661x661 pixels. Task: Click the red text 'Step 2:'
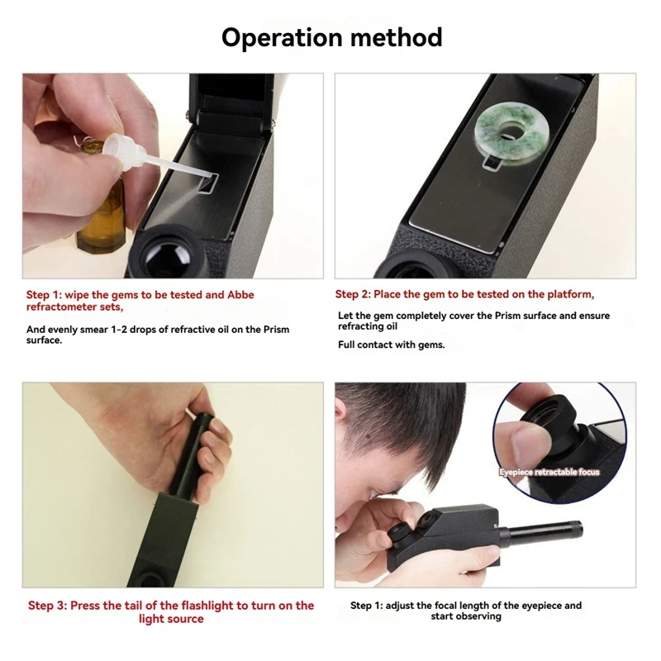pos(353,295)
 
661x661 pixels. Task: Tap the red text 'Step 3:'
pos(47,606)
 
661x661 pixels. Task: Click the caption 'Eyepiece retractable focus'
pos(549,473)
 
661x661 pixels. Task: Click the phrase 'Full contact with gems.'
pos(391,345)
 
